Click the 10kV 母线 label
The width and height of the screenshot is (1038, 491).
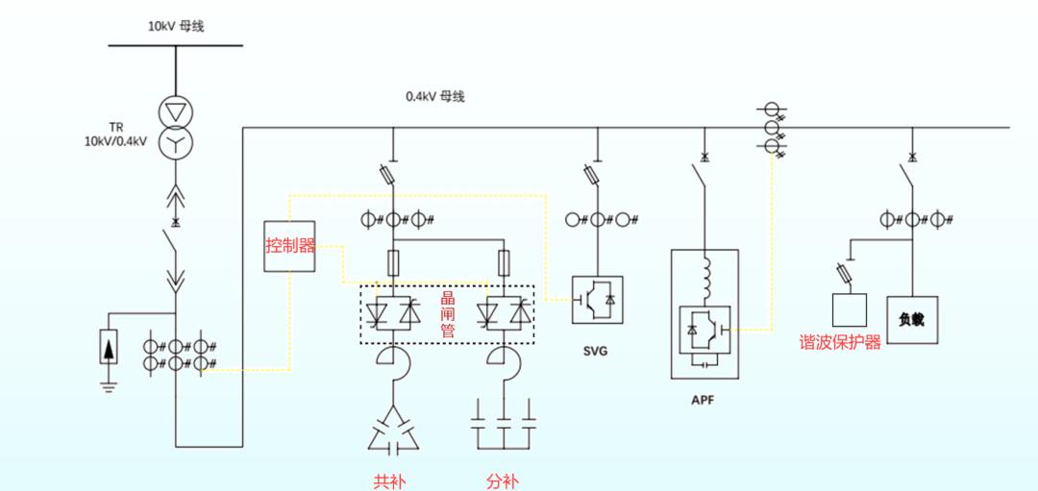[175, 27]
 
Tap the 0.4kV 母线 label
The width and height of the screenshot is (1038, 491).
[435, 97]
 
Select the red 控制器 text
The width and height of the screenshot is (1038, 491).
[290, 246]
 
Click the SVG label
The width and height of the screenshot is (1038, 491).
[596, 352]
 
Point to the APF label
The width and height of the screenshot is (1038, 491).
[704, 401]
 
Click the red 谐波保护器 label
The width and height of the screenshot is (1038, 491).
[841, 342]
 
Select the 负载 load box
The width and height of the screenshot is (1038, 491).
[912, 320]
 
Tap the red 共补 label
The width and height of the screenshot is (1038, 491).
[389, 481]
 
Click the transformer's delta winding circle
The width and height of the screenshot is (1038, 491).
[176, 111]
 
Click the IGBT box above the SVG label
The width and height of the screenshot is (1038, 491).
[597, 300]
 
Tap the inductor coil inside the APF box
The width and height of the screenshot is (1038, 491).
[704, 278]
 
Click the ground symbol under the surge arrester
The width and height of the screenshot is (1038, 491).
[110, 383]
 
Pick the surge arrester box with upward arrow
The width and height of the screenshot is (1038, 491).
[110, 346]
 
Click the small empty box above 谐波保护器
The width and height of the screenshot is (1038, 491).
[850, 309]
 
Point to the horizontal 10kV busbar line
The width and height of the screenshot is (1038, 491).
[176, 46]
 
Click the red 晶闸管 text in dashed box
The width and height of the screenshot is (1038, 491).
[448, 315]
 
